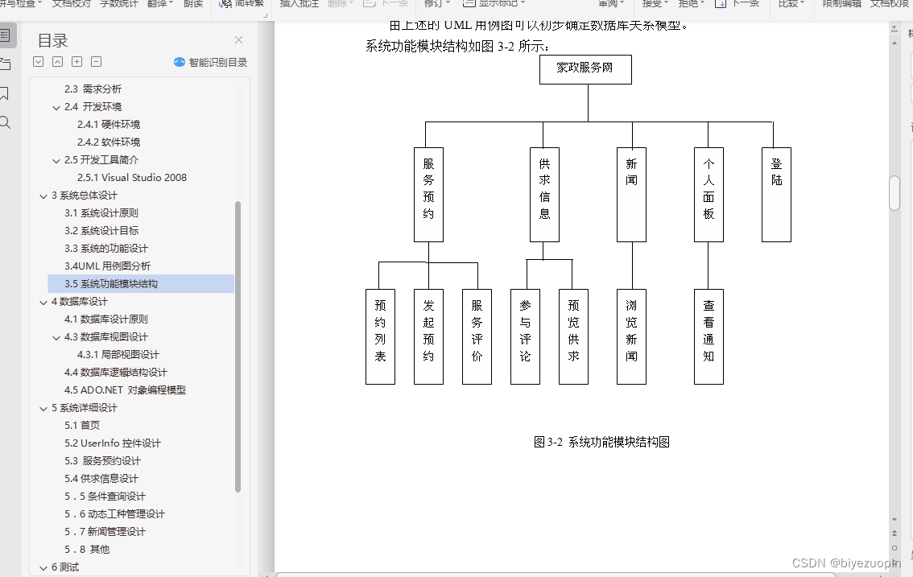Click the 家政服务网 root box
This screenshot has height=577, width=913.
(585, 69)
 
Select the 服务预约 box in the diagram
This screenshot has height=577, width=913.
(428, 194)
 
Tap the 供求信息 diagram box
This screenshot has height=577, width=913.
(544, 194)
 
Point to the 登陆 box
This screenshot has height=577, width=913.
(776, 194)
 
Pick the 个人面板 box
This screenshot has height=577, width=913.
(709, 194)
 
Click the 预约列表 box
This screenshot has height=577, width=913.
(380, 336)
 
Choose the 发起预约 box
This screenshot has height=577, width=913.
(428, 336)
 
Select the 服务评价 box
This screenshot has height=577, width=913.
(477, 336)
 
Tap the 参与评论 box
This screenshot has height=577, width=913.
(525, 336)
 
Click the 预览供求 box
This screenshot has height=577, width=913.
(573, 336)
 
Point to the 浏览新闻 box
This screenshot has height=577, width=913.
(631, 336)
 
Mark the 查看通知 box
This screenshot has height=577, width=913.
(709, 336)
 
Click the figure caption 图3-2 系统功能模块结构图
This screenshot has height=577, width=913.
(601, 442)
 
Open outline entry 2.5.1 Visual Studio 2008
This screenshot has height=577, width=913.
(132, 178)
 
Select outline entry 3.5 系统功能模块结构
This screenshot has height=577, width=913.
(111, 284)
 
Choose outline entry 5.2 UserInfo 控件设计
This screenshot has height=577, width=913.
(113, 443)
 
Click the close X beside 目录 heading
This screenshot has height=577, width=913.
(238, 40)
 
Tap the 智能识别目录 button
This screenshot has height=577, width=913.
(211, 62)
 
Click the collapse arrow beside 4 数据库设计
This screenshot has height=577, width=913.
(43, 302)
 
